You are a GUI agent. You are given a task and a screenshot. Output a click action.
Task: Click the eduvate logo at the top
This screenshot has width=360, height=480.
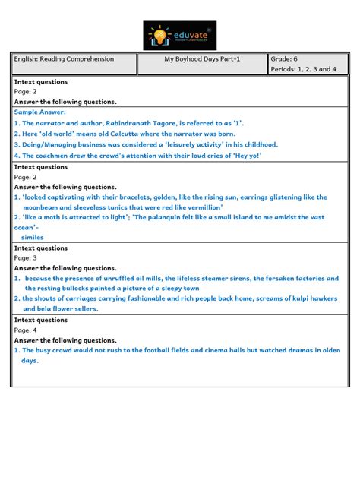coord(179,36)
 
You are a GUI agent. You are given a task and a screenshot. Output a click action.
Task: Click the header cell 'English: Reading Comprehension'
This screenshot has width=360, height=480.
coord(64,59)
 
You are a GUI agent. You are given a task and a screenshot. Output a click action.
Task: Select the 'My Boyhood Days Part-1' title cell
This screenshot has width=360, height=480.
coord(202,59)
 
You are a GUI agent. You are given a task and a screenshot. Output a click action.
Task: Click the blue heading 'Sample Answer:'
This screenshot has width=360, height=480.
coord(36,112)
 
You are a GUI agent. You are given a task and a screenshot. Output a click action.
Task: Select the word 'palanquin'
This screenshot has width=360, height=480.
coord(190,217)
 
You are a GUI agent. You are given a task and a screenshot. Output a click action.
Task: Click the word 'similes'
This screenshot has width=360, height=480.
coord(33,237)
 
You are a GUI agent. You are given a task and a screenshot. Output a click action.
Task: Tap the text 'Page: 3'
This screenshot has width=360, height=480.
coord(26,258)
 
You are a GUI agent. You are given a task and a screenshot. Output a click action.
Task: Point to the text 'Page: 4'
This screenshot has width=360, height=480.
coord(26,330)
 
